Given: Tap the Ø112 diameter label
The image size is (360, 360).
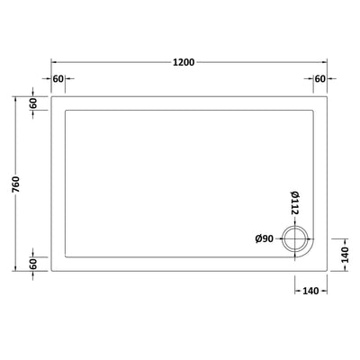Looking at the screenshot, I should click(x=293, y=206).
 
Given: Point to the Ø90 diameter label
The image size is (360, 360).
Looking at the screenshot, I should click(x=264, y=238).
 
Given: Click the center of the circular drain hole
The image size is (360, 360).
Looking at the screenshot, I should click(x=294, y=238).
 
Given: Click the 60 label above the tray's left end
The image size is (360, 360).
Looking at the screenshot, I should click(x=58, y=78).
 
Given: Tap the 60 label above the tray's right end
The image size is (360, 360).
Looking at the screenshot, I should click(x=319, y=78).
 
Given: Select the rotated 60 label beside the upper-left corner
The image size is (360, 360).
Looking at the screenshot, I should click(x=34, y=105).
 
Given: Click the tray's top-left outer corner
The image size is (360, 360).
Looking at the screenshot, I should click(x=50, y=97).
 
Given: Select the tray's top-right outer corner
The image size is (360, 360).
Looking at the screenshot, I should click(x=327, y=97).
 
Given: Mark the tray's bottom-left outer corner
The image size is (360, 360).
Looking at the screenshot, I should click(x=50, y=271).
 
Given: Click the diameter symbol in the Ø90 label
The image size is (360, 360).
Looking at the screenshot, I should click(x=257, y=238).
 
